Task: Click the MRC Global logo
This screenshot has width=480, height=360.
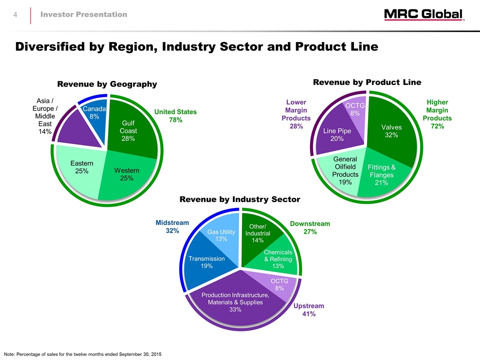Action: coord(424,15)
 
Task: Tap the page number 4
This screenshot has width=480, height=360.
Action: coord(15,15)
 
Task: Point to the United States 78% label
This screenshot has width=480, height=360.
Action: coord(175,116)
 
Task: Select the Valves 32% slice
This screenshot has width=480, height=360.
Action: coord(391,131)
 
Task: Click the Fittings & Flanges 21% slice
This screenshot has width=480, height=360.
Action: coord(381,174)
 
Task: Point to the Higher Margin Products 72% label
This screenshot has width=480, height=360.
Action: coord(437,114)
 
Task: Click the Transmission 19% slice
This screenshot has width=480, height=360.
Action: coord(206,262)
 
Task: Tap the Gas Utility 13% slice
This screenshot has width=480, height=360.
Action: coord(221,235)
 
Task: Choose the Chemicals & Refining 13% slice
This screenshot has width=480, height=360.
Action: coord(277,259)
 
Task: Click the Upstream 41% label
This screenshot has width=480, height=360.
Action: coord(308,310)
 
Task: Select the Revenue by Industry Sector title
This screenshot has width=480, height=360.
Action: coord(240,199)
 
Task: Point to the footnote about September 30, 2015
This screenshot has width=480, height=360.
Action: coord(82,354)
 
